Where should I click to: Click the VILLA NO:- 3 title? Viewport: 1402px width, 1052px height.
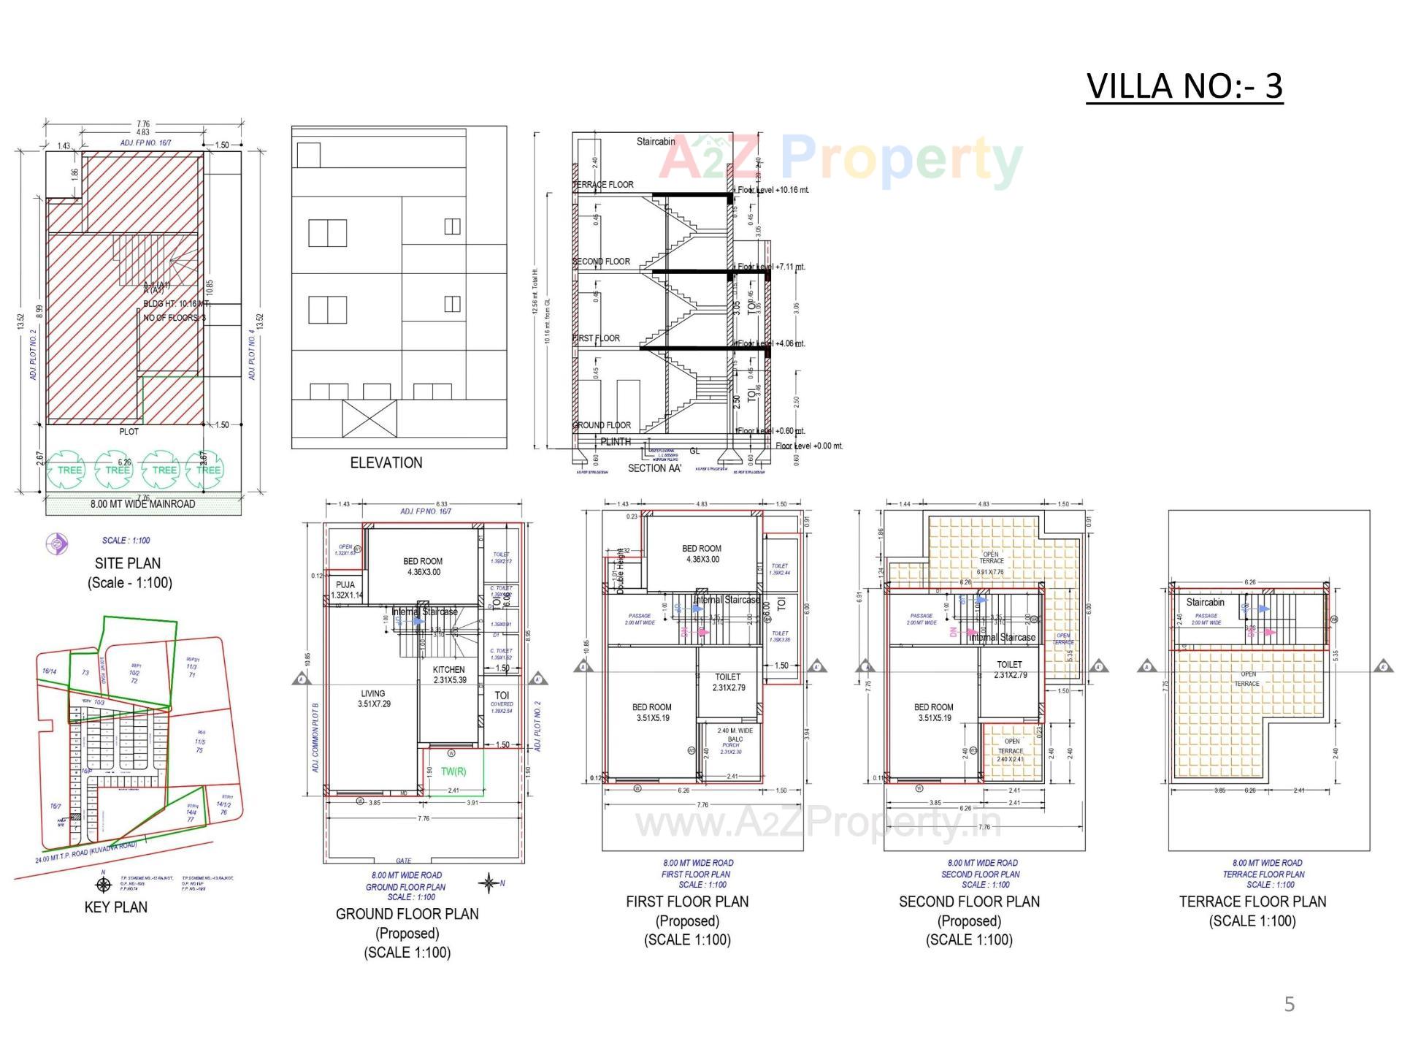click(1184, 86)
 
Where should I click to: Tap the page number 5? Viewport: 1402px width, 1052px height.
click(1289, 1005)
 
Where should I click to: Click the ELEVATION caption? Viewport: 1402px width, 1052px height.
click(386, 462)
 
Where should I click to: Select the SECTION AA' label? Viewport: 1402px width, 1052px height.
click(654, 468)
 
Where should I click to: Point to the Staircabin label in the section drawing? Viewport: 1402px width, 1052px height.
click(655, 142)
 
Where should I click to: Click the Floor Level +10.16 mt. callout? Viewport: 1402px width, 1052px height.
click(773, 190)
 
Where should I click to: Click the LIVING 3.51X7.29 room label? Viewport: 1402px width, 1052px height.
click(372, 698)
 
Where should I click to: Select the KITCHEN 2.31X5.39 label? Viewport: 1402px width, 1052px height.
click(448, 674)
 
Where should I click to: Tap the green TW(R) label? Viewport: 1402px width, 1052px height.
click(453, 771)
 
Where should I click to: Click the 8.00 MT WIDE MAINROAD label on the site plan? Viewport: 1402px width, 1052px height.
click(142, 504)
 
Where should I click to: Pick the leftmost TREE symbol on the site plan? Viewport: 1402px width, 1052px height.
click(70, 470)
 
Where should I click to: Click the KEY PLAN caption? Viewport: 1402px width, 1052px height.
click(115, 907)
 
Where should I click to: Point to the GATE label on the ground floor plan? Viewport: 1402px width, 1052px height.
click(403, 861)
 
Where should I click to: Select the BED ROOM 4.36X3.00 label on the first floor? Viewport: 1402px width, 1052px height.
click(701, 554)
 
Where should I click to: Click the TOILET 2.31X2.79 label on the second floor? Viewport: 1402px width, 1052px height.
click(1009, 669)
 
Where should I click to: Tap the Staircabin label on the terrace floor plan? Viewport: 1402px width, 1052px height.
click(1205, 603)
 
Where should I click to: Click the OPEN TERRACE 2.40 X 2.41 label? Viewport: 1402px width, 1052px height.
click(1011, 750)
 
